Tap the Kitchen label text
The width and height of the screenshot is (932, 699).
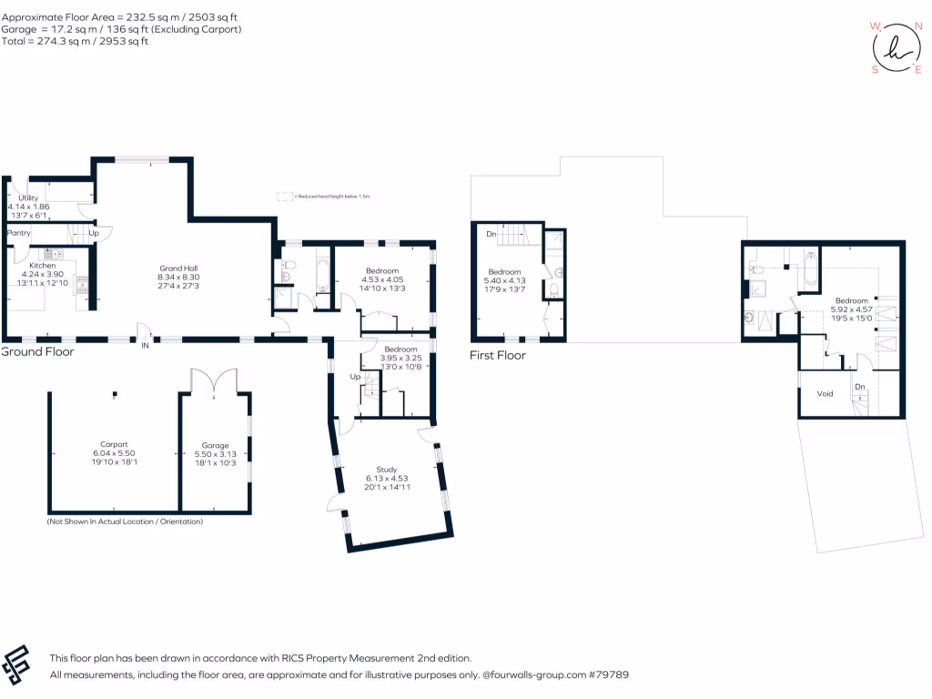(43, 266)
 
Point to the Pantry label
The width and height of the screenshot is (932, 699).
(20, 233)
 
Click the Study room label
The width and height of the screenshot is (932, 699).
(387, 470)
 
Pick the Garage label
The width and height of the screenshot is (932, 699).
(216, 445)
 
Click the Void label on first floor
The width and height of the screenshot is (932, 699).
(825, 394)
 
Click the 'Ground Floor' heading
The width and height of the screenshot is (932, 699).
(37, 351)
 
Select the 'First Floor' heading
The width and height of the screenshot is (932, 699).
(498, 355)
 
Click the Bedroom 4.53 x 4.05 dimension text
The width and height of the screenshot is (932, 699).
(383, 280)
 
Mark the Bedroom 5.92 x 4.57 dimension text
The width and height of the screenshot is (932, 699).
(852, 309)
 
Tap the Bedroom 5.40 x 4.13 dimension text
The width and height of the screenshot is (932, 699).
(504, 281)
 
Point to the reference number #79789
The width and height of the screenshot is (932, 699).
(609, 675)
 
